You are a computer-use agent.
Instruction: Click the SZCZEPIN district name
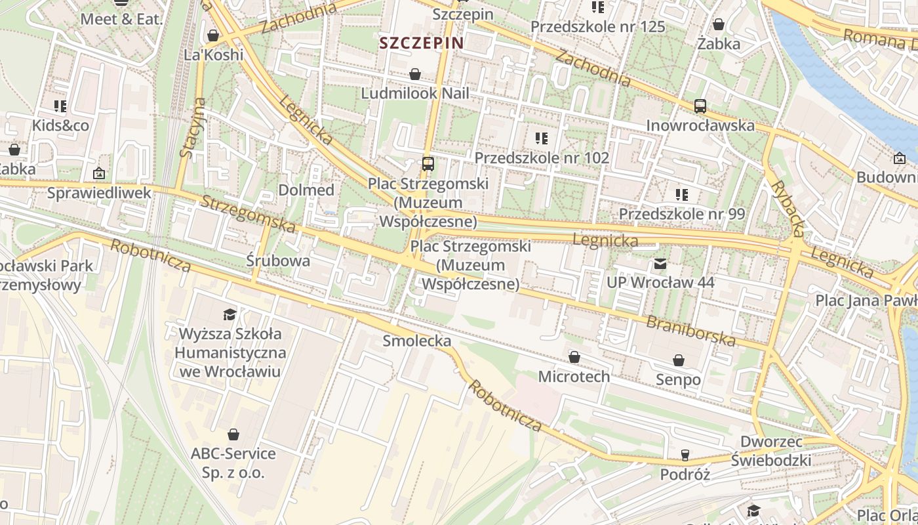[421, 43]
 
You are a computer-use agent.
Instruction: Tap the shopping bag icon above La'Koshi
[212, 35]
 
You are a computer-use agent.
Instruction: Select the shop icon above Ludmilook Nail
[414, 73]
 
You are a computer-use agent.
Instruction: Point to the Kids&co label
[60, 125]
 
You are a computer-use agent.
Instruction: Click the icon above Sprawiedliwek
[98, 173]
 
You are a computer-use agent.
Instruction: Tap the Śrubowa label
[278, 261]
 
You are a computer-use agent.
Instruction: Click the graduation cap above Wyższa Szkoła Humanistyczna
[229, 314]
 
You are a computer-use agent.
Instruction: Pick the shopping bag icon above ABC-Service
[233, 434]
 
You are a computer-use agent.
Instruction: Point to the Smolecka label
[417, 341]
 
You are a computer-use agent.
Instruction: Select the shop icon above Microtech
[574, 357]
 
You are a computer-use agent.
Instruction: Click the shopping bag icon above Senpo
[678, 360]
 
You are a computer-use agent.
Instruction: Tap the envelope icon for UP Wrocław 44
[660, 264]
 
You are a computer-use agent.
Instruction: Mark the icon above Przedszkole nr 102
[541, 138]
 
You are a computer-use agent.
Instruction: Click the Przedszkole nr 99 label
[682, 214]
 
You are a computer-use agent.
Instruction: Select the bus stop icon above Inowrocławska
[700, 106]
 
